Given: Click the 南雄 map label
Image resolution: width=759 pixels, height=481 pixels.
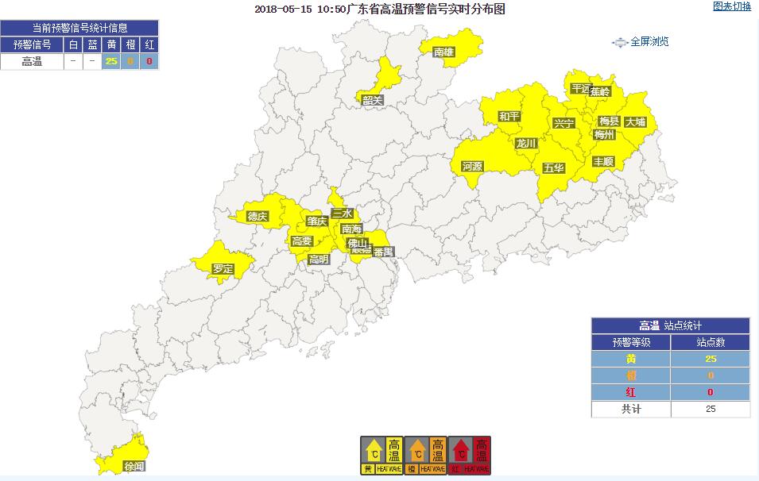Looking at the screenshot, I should [x=443, y=52].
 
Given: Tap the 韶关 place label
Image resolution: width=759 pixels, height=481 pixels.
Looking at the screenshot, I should [x=373, y=100].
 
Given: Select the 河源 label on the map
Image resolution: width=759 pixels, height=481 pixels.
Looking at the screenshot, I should [x=472, y=166].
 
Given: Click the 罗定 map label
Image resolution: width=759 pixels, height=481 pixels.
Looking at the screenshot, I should [x=223, y=269].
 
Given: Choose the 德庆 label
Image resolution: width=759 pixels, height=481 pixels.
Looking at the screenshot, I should [x=258, y=216].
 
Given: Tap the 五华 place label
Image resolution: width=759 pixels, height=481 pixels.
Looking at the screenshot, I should [x=553, y=168].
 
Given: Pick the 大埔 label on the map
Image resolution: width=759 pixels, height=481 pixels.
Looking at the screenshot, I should [x=635, y=122].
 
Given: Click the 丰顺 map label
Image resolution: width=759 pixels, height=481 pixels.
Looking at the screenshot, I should [x=603, y=161].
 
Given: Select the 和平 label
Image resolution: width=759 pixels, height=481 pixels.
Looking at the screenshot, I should [x=509, y=117].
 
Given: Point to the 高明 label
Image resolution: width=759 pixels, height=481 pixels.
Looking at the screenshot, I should [x=319, y=259].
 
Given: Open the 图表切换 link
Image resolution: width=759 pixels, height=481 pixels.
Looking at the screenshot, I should [x=731, y=7].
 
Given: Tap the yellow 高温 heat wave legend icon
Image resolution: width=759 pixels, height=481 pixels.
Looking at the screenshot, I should [x=381, y=455].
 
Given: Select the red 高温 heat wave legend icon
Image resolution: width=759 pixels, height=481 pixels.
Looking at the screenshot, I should [x=470, y=455].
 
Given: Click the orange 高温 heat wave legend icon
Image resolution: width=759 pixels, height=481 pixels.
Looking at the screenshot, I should [x=426, y=455].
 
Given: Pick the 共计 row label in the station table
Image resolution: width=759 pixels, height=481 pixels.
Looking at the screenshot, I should [x=630, y=409].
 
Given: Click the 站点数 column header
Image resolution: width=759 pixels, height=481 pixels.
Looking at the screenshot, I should [x=711, y=342].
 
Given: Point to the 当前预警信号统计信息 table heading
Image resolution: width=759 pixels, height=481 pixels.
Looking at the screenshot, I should [x=79, y=28].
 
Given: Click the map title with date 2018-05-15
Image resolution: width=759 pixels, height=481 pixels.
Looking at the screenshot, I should [x=380, y=10].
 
